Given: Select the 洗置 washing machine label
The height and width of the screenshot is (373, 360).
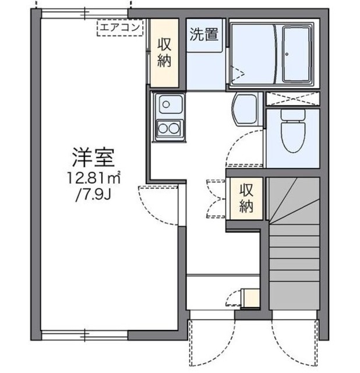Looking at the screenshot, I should click(x=203, y=34).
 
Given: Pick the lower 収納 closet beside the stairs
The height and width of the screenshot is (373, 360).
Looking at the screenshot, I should click(x=245, y=198).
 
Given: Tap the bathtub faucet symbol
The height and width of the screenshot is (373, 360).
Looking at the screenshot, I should click(x=287, y=54).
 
